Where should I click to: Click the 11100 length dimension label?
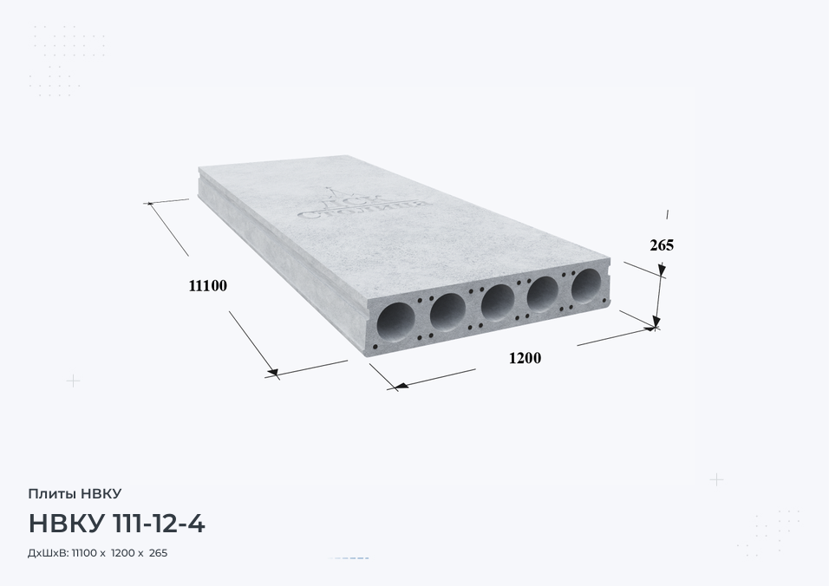click(208, 286)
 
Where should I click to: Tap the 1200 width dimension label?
click(525, 358)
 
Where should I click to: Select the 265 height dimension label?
click(662, 245)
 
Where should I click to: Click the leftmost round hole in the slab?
click(396, 322)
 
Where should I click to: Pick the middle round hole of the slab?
click(498, 303)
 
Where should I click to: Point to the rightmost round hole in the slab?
click(586, 286)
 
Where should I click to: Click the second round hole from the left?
click(447, 312)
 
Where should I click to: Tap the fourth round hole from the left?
click(543, 295)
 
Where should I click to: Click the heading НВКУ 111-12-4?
click(116, 524)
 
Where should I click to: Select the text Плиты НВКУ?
click(75, 493)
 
